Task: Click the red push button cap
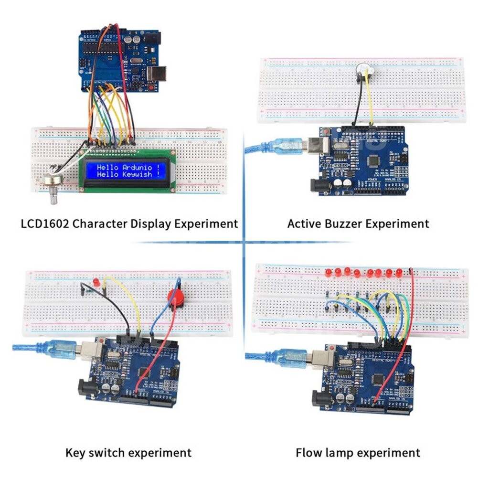coord(176,298)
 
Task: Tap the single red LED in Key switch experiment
coord(96,282)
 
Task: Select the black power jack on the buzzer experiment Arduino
coord(319,185)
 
